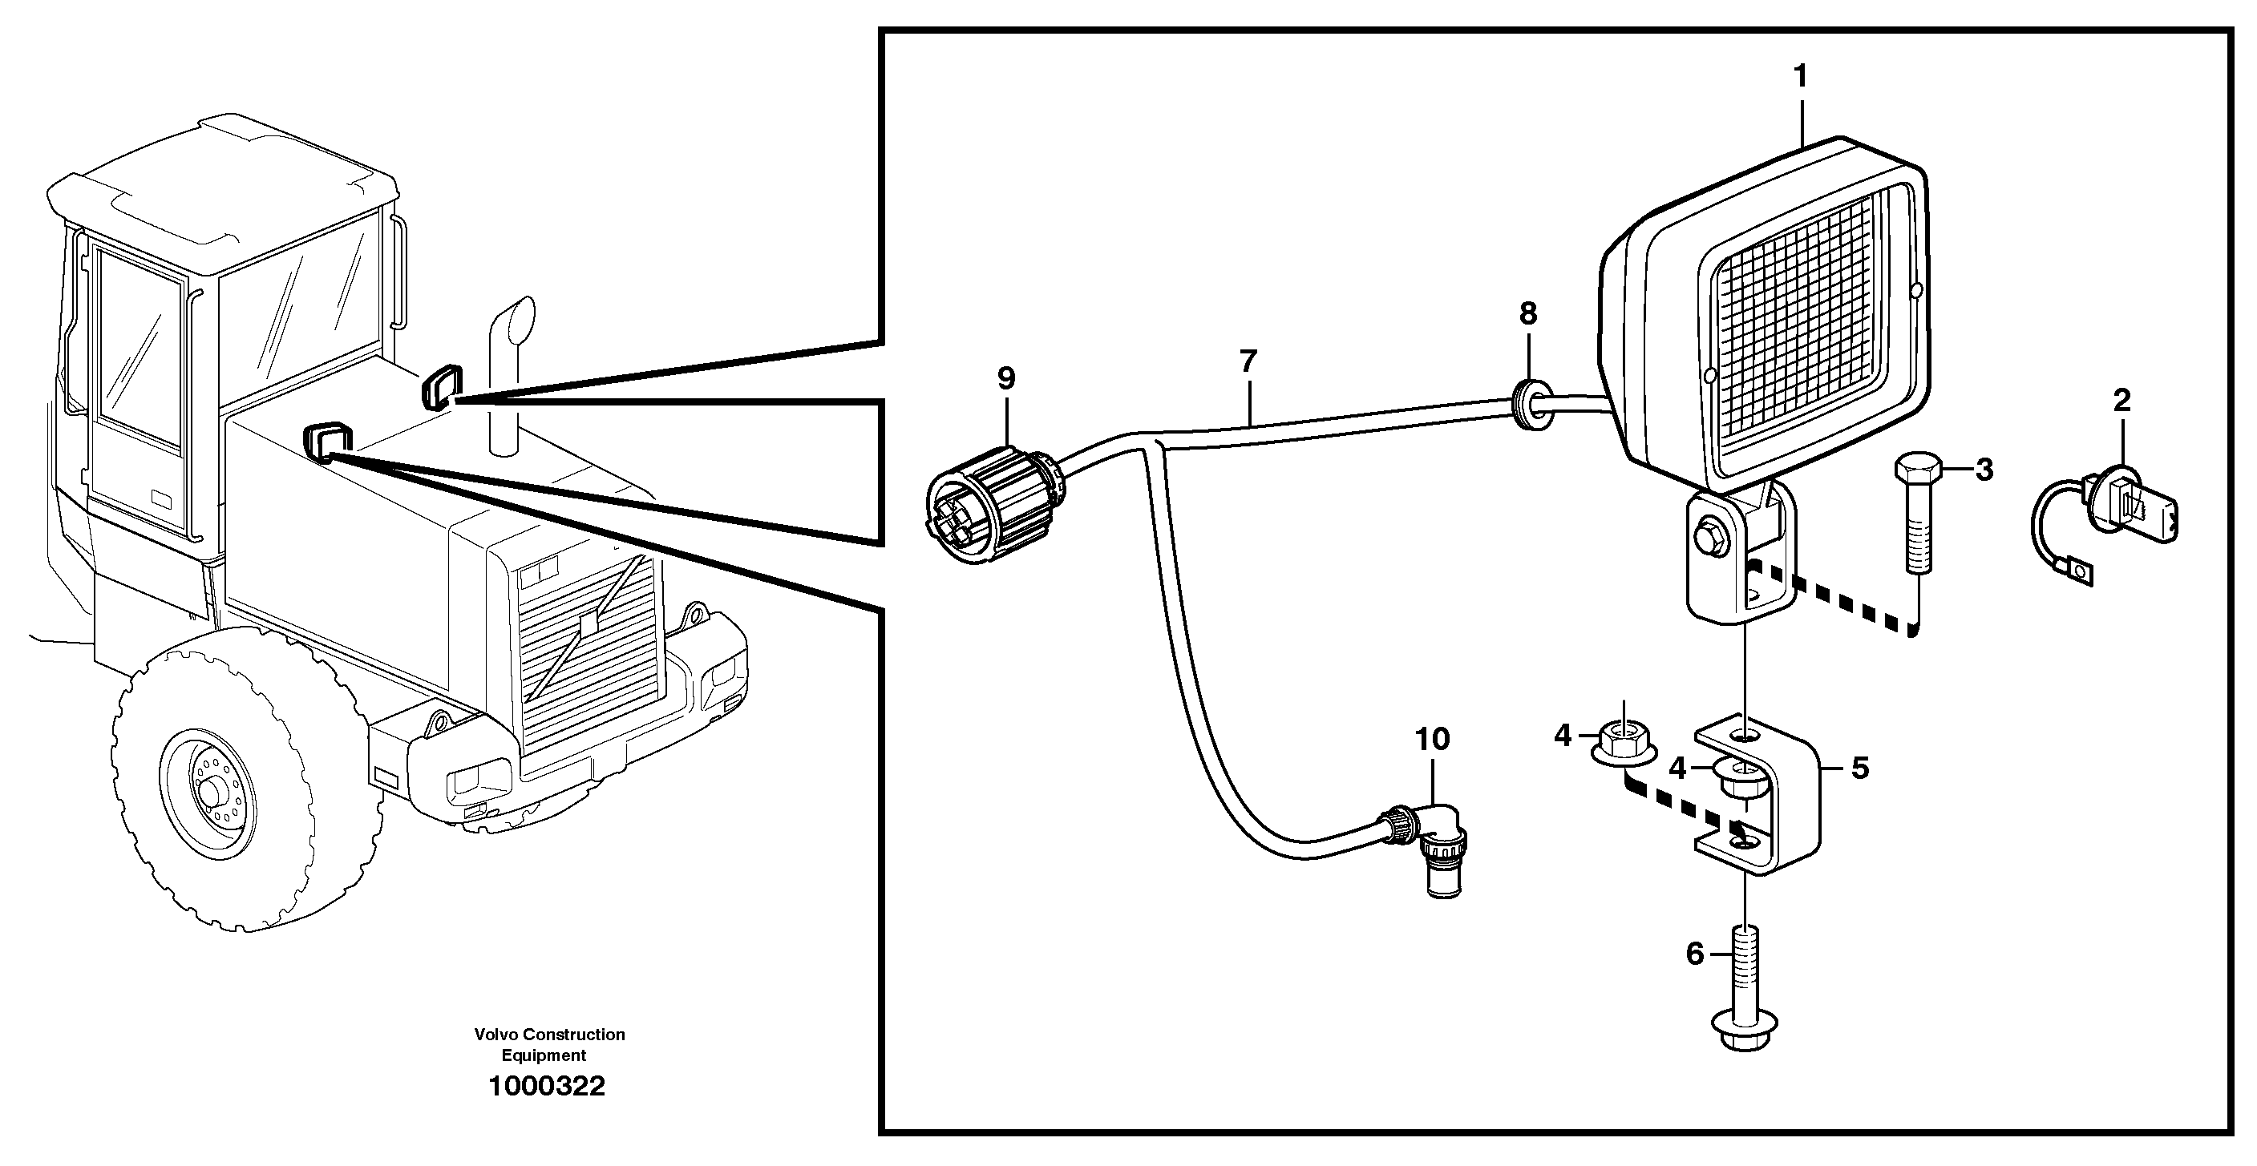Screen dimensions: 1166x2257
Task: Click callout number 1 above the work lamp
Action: pyautogui.click(x=1800, y=78)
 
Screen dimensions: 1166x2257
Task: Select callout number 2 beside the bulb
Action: pyautogui.click(x=2121, y=401)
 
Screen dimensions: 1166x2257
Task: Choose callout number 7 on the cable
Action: pyautogui.click(x=1248, y=361)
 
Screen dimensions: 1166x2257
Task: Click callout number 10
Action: pyautogui.click(x=1433, y=740)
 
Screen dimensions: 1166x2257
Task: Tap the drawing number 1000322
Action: pyautogui.click(x=547, y=1087)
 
